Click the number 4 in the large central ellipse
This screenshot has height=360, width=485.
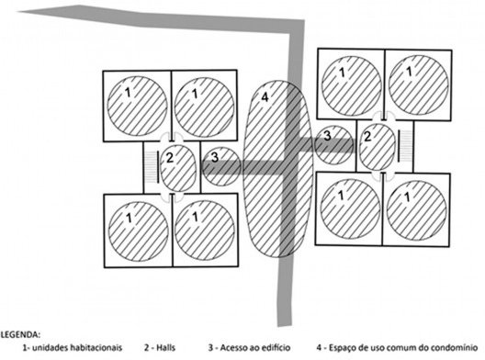coord(265,97)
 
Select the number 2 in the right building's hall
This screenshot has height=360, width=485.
coord(367,137)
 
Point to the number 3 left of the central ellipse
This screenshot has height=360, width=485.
coord(215,158)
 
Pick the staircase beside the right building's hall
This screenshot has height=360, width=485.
coord(410,148)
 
